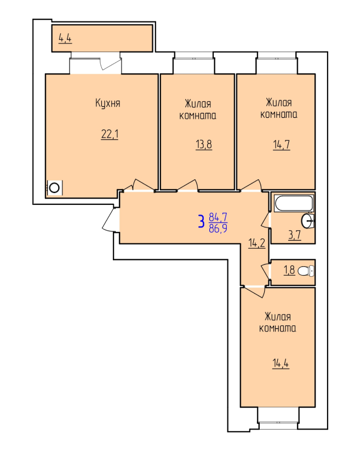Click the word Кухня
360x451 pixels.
(x=107, y=103)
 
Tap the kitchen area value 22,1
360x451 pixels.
(x=110, y=134)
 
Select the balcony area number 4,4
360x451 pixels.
(x=65, y=38)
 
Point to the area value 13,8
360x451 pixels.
(x=204, y=144)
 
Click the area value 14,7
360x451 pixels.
(x=281, y=145)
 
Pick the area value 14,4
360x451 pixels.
(x=281, y=363)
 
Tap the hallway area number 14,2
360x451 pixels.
(x=257, y=243)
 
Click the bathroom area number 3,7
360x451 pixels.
(x=294, y=235)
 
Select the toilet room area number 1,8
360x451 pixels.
(x=289, y=270)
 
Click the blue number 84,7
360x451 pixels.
(x=218, y=217)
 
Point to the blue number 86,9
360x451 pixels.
(x=218, y=228)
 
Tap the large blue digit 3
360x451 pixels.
(x=202, y=221)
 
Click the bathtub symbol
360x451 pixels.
(x=294, y=203)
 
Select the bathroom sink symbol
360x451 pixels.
(x=308, y=221)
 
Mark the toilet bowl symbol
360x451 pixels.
(x=306, y=271)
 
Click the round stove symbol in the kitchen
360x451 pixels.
(x=54, y=188)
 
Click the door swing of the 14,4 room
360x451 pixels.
(x=253, y=292)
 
